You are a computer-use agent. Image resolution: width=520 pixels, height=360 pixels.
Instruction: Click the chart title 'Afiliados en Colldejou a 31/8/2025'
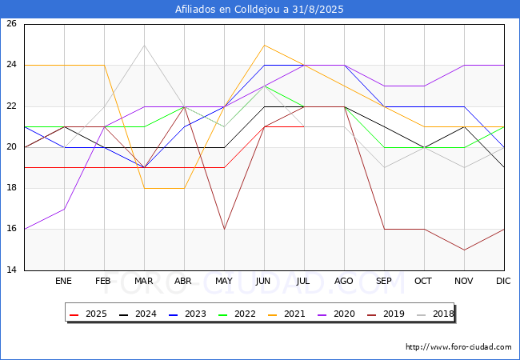pos(259,10)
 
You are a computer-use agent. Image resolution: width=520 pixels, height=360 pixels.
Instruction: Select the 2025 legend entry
pos(88,314)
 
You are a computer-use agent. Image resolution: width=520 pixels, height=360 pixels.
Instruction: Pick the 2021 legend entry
pos(286,314)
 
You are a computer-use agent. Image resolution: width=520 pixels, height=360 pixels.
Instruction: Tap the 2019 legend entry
pos(386,314)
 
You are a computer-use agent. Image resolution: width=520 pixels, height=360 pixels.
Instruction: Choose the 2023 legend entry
pos(187,314)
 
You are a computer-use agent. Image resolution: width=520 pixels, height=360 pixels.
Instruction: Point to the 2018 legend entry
pos(435,314)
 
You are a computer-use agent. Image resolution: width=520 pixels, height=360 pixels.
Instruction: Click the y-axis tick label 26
pos(11,23)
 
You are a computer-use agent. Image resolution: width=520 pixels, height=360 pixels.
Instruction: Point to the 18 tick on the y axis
pos(11,188)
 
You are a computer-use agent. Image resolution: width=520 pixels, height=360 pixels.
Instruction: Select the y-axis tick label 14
pos(11,270)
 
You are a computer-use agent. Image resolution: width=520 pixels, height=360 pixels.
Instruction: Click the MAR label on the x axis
pos(143,281)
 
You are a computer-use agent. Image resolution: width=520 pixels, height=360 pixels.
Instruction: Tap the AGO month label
pos(343,281)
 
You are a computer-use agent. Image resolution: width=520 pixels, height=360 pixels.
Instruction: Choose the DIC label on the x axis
pos(503,281)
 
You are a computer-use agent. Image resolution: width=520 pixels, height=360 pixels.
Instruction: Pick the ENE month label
pos(63,281)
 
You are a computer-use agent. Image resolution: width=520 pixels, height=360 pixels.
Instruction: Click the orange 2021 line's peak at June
pos(264,45)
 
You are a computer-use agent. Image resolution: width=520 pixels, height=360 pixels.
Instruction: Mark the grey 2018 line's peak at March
pos(144,45)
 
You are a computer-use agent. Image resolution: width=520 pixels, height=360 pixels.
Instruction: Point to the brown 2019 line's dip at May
pos(225,229)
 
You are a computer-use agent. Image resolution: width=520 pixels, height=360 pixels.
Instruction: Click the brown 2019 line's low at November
pos(464,250)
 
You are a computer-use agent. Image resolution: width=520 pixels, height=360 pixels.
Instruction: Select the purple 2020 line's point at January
pos(64,209)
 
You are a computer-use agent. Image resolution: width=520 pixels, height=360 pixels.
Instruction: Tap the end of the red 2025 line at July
pos(304,126)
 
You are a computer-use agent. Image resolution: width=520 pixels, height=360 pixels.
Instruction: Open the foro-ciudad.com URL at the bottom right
pos(458,347)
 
